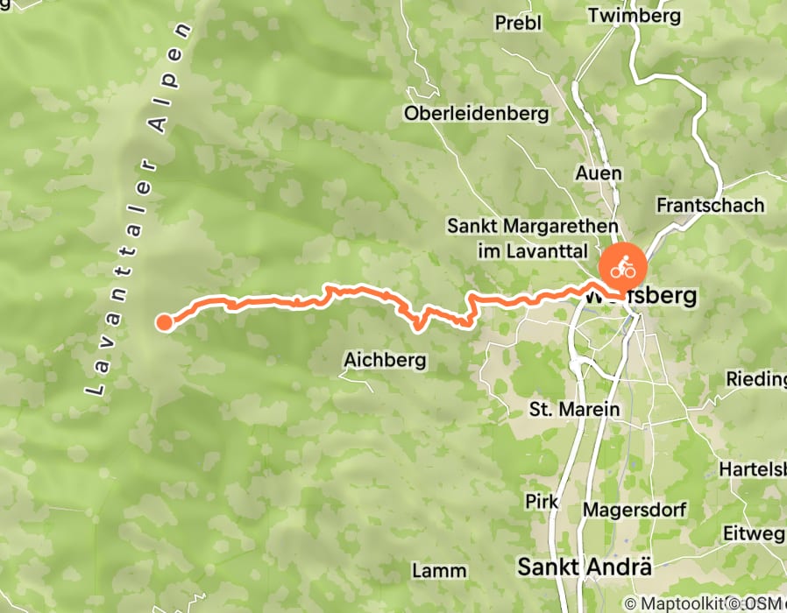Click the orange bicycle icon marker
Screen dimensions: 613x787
tap(623, 268)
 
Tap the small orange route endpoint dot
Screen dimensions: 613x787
tap(164, 322)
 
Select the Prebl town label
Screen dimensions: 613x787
tap(518, 23)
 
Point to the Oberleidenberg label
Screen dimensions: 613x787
tap(476, 114)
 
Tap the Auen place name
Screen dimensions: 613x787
tap(599, 173)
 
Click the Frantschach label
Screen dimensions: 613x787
tap(710, 205)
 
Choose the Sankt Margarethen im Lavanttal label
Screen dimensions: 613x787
tap(521, 238)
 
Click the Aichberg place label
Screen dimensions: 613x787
tap(385, 360)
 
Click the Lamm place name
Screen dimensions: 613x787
tap(433, 570)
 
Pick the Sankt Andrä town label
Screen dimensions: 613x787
tap(585, 566)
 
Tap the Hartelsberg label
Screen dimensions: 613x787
tap(752, 469)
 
